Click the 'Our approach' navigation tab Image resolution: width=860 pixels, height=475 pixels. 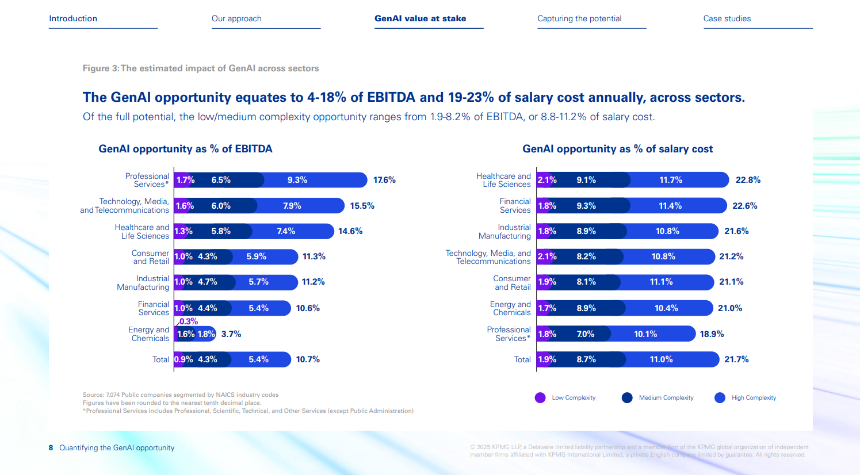click(x=236, y=18)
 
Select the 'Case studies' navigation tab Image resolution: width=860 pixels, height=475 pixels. click(x=727, y=18)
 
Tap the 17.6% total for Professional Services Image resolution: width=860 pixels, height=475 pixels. click(x=384, y=180)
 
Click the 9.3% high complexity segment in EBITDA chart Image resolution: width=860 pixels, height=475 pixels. click(x=297, y=180)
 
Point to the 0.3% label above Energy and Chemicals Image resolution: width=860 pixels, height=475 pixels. click(x=189, y=321)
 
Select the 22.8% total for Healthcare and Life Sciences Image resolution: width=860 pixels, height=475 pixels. click(x=748, y=180)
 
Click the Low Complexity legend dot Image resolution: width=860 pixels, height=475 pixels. click(x=540, y=397)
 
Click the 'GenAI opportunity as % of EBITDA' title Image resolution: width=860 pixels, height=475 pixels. click(x=185, y=149)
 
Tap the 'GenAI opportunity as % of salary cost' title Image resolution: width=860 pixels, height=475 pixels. click(x=617, y=149)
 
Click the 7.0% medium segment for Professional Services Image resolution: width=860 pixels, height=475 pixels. click(x=586, y=334)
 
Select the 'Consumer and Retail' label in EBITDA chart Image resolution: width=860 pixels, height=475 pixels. click(x=150, y=257)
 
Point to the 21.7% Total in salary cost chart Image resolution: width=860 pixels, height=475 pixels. click(x=736, y=359)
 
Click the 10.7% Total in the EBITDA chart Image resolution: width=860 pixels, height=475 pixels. click(x=308, y=359)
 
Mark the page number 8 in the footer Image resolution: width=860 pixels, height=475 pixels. click(x=51, y=448)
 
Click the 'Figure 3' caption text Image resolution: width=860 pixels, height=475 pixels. click(x=200, y=68)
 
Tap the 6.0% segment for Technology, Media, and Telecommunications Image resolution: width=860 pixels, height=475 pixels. click(x=221, y=206)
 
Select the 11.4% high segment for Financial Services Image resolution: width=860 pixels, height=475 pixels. click(x=670, y=206)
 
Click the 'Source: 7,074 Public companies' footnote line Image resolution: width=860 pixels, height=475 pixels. click(x=181, y=395)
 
